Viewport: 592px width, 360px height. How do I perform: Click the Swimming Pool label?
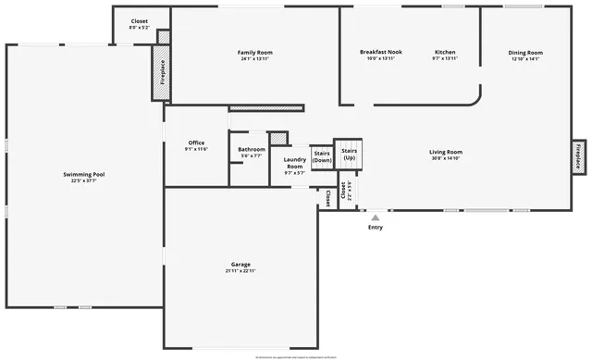click(x=83, y=174)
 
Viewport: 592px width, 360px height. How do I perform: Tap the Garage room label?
click(x=240, y=265)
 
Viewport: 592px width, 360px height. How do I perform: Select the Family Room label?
click(x=255, y=53)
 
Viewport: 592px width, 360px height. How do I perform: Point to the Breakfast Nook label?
click(x=380, y=53)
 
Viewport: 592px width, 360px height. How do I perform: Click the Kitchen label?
click(x=445, y=53)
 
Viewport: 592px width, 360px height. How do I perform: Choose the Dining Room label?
click(x=524, y=53)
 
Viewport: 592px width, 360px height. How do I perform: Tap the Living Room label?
click(x=446, y=152)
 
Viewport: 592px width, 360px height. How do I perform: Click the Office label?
click(x=196, y=143)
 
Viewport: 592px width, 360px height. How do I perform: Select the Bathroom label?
click(x=252, y=150)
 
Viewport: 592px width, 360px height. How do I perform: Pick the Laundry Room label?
click(x=294, y=163)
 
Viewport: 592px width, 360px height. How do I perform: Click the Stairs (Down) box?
click(x=322, y=157)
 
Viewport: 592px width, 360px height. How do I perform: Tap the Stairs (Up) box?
click(x=349, y=155)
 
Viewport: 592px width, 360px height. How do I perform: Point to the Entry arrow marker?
click(x=375, y=217)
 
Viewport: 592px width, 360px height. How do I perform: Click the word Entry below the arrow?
click(x=375, y=227)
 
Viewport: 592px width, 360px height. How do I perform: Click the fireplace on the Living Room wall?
click(x=579, y=155)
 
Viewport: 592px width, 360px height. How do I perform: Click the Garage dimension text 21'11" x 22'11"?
click(x=240, y=271)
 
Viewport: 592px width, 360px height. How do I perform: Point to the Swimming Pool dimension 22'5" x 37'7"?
click(x=83, y=180)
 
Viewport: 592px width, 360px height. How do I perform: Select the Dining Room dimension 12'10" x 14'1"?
click(x=524, y=59)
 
